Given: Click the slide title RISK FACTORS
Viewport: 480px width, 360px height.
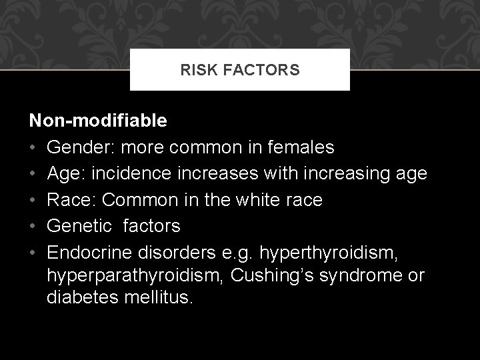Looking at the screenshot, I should pos(240,70).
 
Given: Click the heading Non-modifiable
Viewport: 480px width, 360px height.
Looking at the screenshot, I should pos(98,121).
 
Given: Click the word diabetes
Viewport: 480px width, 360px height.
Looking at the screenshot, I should pos(83,296).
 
